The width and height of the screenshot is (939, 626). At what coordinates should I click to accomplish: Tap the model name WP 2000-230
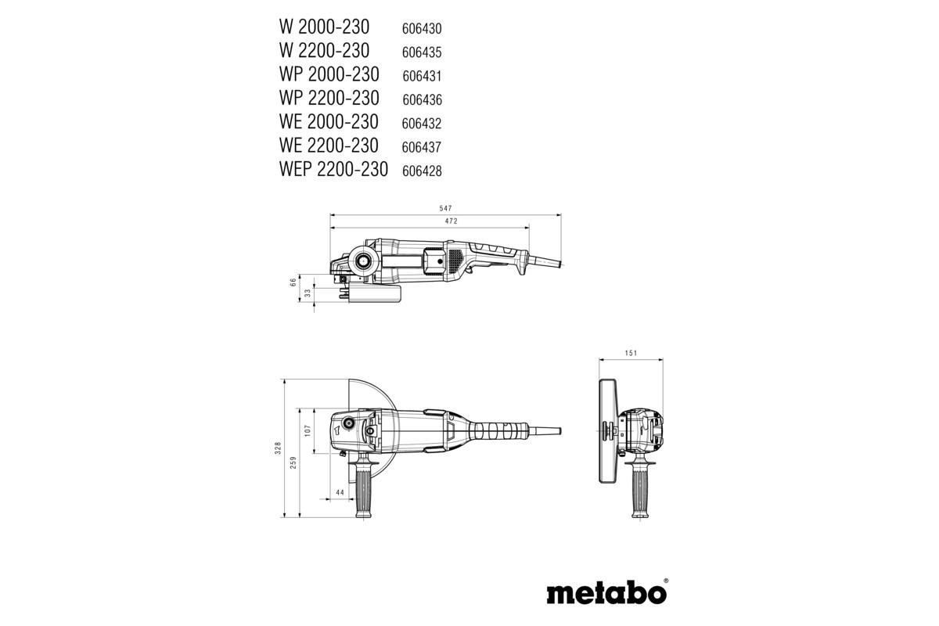329,74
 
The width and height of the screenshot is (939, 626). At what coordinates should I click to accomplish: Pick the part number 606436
423,99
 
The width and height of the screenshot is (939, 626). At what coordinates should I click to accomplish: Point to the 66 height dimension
293,282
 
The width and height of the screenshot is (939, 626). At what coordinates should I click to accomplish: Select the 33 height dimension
308,292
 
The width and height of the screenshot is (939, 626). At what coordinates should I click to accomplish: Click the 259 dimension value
293,462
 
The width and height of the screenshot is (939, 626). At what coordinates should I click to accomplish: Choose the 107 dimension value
308,430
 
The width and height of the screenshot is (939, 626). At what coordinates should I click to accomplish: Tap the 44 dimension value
340,492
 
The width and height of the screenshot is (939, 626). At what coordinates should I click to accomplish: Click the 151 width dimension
632,353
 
